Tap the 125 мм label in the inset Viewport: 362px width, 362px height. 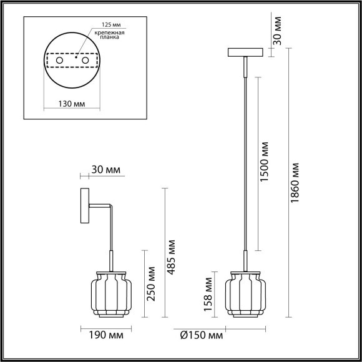coord(104,24)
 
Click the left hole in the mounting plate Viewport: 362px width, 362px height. coord(60,61)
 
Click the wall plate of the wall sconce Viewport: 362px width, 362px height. coord(84,208)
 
